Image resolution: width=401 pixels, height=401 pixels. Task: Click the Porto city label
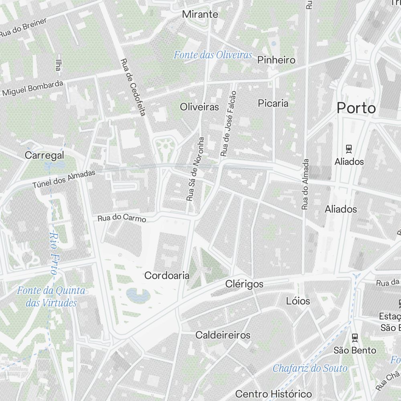pos(356,108)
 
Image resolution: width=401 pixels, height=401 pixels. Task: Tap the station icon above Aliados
pos(349,149)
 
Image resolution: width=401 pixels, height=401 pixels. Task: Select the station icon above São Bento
pos(354,337)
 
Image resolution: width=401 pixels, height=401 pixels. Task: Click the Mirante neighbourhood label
pos(200,14)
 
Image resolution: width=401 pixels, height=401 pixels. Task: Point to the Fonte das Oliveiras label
pos(213,55)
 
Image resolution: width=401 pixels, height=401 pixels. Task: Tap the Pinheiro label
pos(276,60)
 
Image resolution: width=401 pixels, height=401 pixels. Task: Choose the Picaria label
pos(273,103)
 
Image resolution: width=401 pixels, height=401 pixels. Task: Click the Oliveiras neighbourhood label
pos(199,107)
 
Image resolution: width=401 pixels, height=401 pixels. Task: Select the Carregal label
pos(44,155)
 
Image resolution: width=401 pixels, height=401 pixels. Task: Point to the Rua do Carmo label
pos(122,219)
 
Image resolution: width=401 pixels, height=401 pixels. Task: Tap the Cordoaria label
pos(166,275)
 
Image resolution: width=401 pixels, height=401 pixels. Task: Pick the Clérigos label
pos(244,284)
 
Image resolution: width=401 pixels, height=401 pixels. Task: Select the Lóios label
pos(298,300)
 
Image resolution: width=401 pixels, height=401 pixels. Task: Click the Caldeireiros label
pos(223,335)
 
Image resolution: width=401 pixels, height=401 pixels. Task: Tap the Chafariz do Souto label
pos(310,368)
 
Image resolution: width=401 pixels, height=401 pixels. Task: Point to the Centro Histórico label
pos(273,393)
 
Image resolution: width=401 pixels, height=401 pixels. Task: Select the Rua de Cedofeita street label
pos(132,87)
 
